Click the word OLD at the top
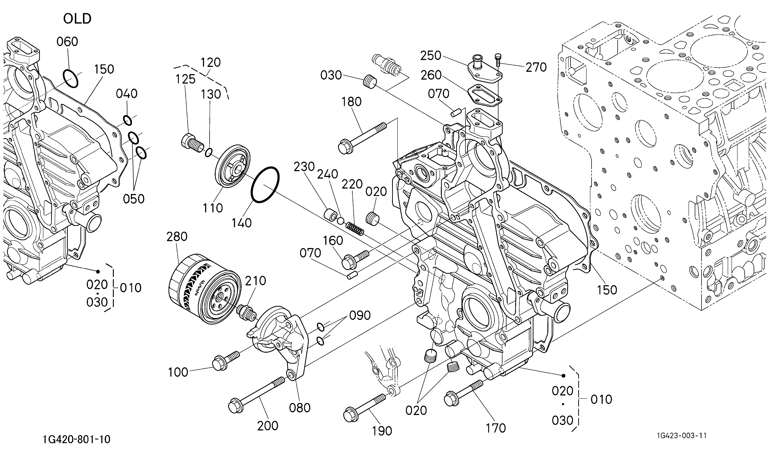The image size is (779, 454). [77, 19]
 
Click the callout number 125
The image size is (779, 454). [186, 79]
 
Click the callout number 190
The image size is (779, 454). [382, 431]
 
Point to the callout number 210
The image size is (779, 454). [256, 281]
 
